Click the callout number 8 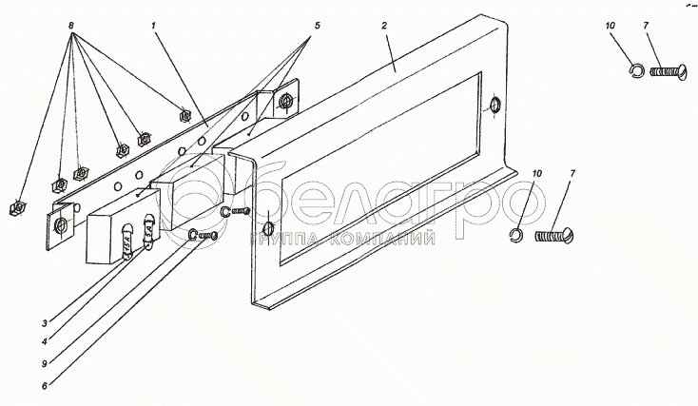pos(70,26)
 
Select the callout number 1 pos(153,26)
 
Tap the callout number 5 pos(317,26)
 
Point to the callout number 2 pos(384,26)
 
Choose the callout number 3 pos(45,323)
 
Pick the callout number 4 pos(45,342)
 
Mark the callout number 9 pos(45,364)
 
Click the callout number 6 pos(45,386)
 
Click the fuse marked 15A pos(126,243)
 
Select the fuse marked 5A pos(148,231)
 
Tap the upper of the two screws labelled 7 pos(669,70)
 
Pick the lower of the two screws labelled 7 pos(554,235)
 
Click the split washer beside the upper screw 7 pos(635,70)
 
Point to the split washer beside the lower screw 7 pos(515,235)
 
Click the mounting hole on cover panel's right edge pos(494,105)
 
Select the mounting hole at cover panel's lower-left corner pos(268,229)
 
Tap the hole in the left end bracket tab pos(60,225)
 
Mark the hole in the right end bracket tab pos(284,102)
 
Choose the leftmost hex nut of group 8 pos(17,208)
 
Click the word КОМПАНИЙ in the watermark pos(384,239)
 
